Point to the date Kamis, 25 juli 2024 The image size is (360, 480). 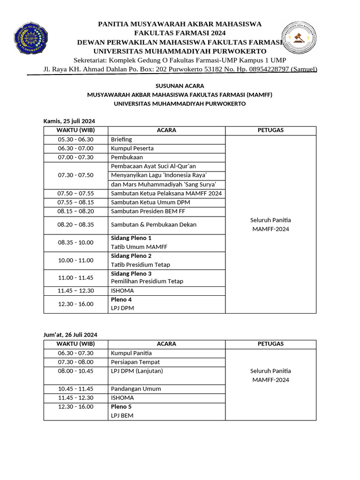tap(69, 121)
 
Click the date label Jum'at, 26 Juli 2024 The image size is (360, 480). tap(70, 335)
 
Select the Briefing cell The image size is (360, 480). tap(121, 139)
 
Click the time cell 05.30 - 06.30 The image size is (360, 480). tap(76, 139)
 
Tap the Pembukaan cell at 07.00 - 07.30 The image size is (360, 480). tap(127, 157)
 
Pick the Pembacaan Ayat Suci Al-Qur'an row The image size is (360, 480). tap(153, 166)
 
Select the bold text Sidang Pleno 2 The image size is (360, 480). tap(131, 256)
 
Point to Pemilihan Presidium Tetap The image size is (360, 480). tap(147, 281)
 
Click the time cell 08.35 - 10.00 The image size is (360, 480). tap(76, 242)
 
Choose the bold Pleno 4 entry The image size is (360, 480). tap(121, 299)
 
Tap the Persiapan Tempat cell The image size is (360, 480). tap(135, 362)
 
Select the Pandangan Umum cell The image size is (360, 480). tap(135, 389)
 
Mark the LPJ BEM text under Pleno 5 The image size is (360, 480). tap(122, 415)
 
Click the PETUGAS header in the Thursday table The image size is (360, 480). tap(270, 130)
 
